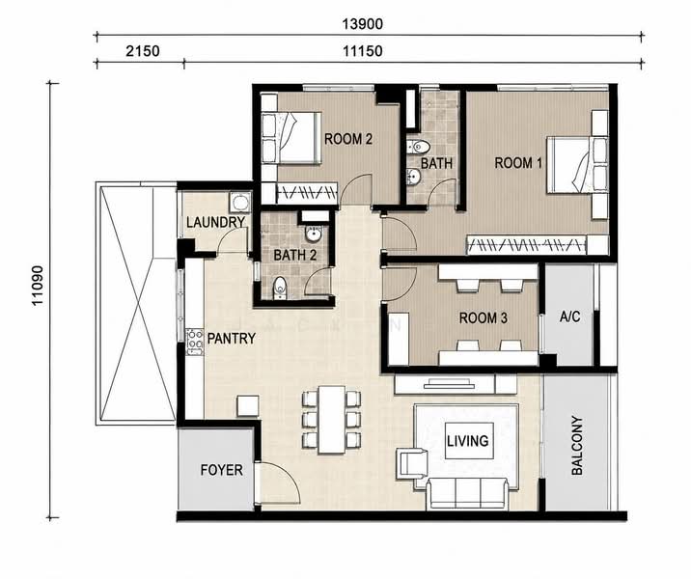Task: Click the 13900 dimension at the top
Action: coord(362,24)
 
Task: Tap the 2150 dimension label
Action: coord(142,51)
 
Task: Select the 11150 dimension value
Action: coord(362,51)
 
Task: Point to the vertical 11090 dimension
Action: coord(38,285)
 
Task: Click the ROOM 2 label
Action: coord(348,139)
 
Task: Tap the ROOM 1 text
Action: coord(518,163)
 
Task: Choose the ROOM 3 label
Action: coord(483,317)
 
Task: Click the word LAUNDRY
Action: coord(215,222)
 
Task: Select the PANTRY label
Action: coord(232,339)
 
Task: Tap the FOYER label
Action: coord(221,470)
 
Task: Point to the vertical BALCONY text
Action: coord(577,446)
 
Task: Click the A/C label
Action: coord(569,317)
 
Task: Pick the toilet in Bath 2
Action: coord(280,289)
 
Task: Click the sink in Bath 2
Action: coord(313,234)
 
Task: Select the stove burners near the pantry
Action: coord(194,342)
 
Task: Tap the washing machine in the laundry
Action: coord(239,203)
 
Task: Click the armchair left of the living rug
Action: coord(411,463)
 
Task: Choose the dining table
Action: coord(332,420)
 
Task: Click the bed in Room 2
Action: coord(290,138)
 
